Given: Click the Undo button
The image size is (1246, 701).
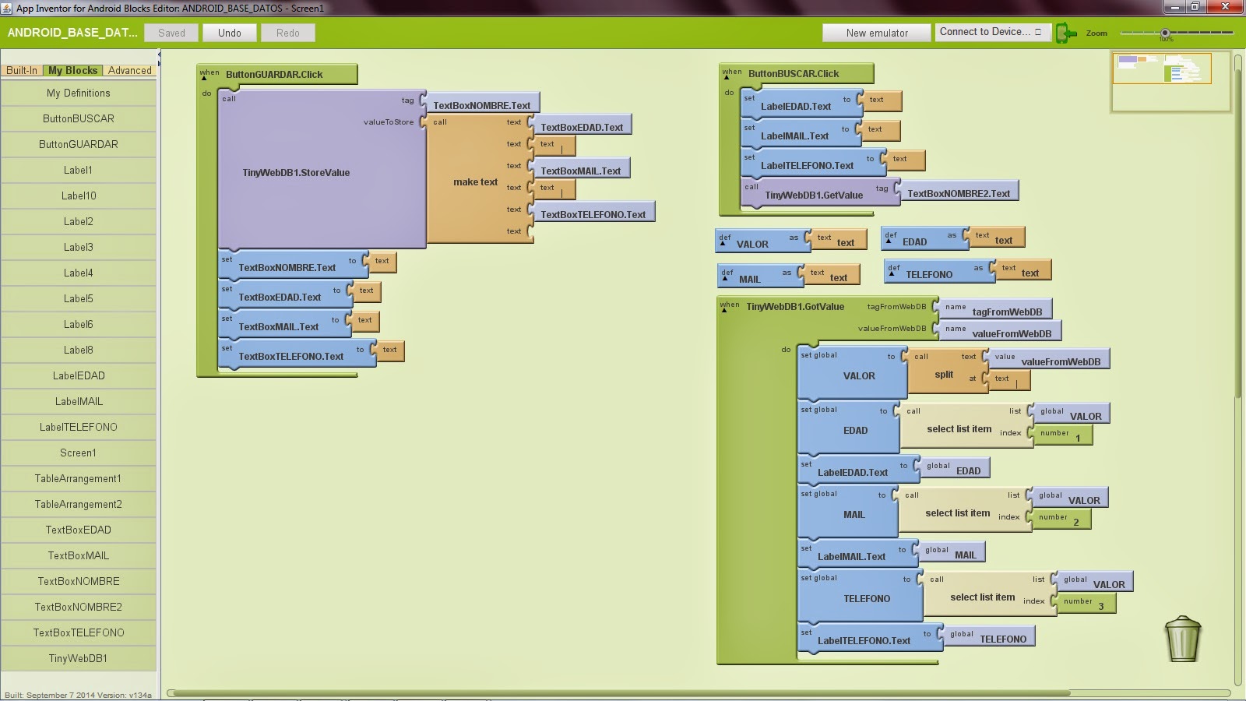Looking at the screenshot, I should (x=229, y=33).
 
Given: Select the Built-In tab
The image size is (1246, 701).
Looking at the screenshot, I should (x=22, y=70).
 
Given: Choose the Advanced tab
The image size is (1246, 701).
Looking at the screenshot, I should (x=129, y=70).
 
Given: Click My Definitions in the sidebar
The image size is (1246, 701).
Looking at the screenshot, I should (x=78, y=93).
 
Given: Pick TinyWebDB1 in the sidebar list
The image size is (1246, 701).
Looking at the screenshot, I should (x=78, y=658).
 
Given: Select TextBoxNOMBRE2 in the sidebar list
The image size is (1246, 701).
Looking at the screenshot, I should (x=78, y=607).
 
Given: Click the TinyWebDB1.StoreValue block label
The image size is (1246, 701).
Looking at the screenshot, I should (x=296, y=173).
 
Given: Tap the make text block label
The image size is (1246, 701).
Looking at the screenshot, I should (x=475, y=182).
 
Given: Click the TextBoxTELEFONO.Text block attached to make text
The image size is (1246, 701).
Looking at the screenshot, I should (x=593, y=214).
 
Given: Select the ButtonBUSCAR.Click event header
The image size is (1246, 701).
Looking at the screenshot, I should (x=794, y=74).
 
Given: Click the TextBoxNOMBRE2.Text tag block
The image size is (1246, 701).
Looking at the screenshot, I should (x=958, y=193).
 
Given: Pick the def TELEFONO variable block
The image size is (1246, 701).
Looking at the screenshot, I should (x=928, y=274).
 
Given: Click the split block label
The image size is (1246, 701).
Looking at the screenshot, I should (x=944, y=375).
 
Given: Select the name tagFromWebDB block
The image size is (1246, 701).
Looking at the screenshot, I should (x=997, y=311).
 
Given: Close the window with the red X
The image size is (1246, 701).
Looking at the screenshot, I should (x=1226, y=7).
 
